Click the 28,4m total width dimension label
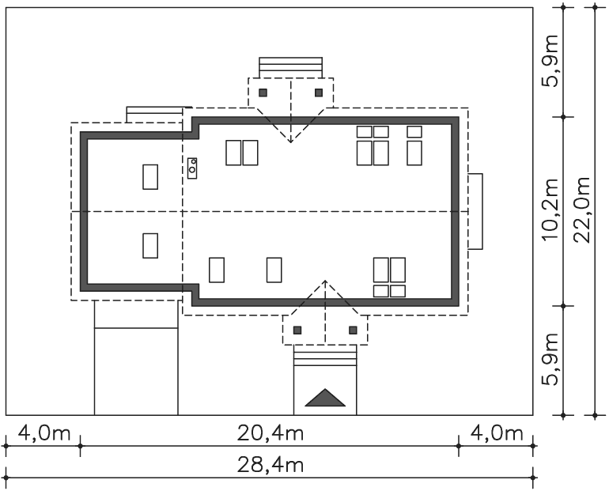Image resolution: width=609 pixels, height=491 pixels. tap(270, 465)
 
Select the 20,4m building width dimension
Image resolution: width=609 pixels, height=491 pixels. tap(270, 432)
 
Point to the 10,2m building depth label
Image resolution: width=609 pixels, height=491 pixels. tap(550, 210)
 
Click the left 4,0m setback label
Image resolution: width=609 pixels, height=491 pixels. tap(44, 432)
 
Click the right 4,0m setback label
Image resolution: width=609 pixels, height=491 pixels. tap(497, 432)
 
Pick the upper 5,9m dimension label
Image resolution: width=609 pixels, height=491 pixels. tap(550, 61)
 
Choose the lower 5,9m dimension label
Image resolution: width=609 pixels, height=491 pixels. tap(550, 359)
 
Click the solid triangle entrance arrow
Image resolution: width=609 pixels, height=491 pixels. tap(325, 399)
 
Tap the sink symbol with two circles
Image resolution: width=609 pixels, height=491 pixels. tap(192, 168)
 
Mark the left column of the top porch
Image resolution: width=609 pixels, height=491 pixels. tap(263, 93)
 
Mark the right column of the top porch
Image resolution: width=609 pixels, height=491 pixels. tap(319, 93)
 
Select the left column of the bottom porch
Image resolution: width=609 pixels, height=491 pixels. tap(297, 330)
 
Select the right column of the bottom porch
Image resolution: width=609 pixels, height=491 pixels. tap(353, 330)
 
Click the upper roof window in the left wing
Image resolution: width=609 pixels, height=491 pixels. tap(150, 177)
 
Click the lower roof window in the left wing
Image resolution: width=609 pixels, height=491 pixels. tap(150, 246)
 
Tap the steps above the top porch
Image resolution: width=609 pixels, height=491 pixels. tap(290, 67)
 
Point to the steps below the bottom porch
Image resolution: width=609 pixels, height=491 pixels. tap(325, 355)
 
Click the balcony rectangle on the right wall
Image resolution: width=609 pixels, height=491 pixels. tap(475, 212)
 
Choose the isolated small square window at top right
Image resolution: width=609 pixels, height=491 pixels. tap(414, 132)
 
